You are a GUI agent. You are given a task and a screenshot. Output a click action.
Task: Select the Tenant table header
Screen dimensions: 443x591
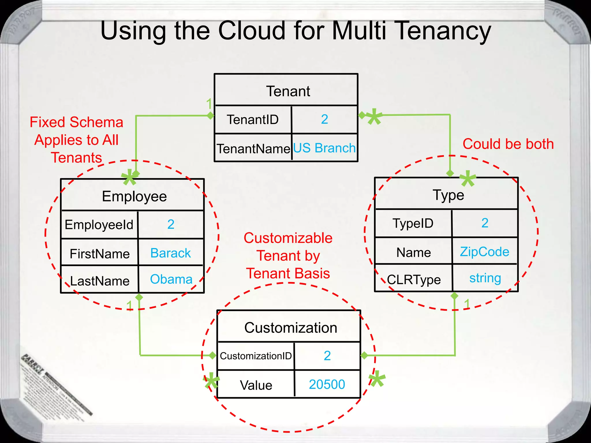[x=288, y=91]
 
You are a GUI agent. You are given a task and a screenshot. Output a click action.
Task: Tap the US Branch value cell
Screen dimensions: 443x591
[x=324, y=148]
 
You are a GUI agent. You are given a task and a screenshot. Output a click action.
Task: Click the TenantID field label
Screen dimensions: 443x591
[x=253, y=120]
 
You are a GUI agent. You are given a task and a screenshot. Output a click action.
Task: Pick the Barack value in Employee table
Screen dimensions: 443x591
[x=171, y=253]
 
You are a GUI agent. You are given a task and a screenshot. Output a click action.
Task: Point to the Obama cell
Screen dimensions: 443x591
[x=171, y=279]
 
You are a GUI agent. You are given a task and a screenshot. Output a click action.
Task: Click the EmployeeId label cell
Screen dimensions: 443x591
[x=99, y=225]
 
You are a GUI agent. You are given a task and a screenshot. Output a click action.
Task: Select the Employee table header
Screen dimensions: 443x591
[x=134, y=196]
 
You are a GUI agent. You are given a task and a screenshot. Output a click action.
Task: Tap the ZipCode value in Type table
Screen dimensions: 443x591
[x=485, y=252]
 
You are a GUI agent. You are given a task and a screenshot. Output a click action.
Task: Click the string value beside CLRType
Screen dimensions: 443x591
[x=485, y=278]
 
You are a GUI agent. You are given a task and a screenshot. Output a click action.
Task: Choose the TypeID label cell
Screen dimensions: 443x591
[x=413, y=223]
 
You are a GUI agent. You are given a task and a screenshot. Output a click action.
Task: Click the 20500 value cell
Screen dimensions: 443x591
[x=327, y=384]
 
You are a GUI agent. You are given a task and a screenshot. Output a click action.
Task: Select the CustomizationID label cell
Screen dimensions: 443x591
[x=256, y=356]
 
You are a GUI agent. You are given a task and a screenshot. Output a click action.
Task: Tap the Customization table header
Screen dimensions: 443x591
[x=291, y=328]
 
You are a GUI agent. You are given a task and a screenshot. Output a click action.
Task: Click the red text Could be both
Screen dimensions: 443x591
[x=508, y=144]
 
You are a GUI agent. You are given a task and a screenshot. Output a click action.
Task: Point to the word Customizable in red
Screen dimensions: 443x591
[x=288, y=238]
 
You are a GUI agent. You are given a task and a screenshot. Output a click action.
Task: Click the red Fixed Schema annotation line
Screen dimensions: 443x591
[x=76, y=122]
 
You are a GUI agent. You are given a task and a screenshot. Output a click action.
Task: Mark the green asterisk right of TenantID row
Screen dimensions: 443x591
[x=374, y=117]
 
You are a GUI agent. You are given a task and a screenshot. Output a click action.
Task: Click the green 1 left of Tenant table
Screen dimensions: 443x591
[x=209, y=104]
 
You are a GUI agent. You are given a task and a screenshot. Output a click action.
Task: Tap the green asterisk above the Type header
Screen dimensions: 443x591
[x=468, y=179]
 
